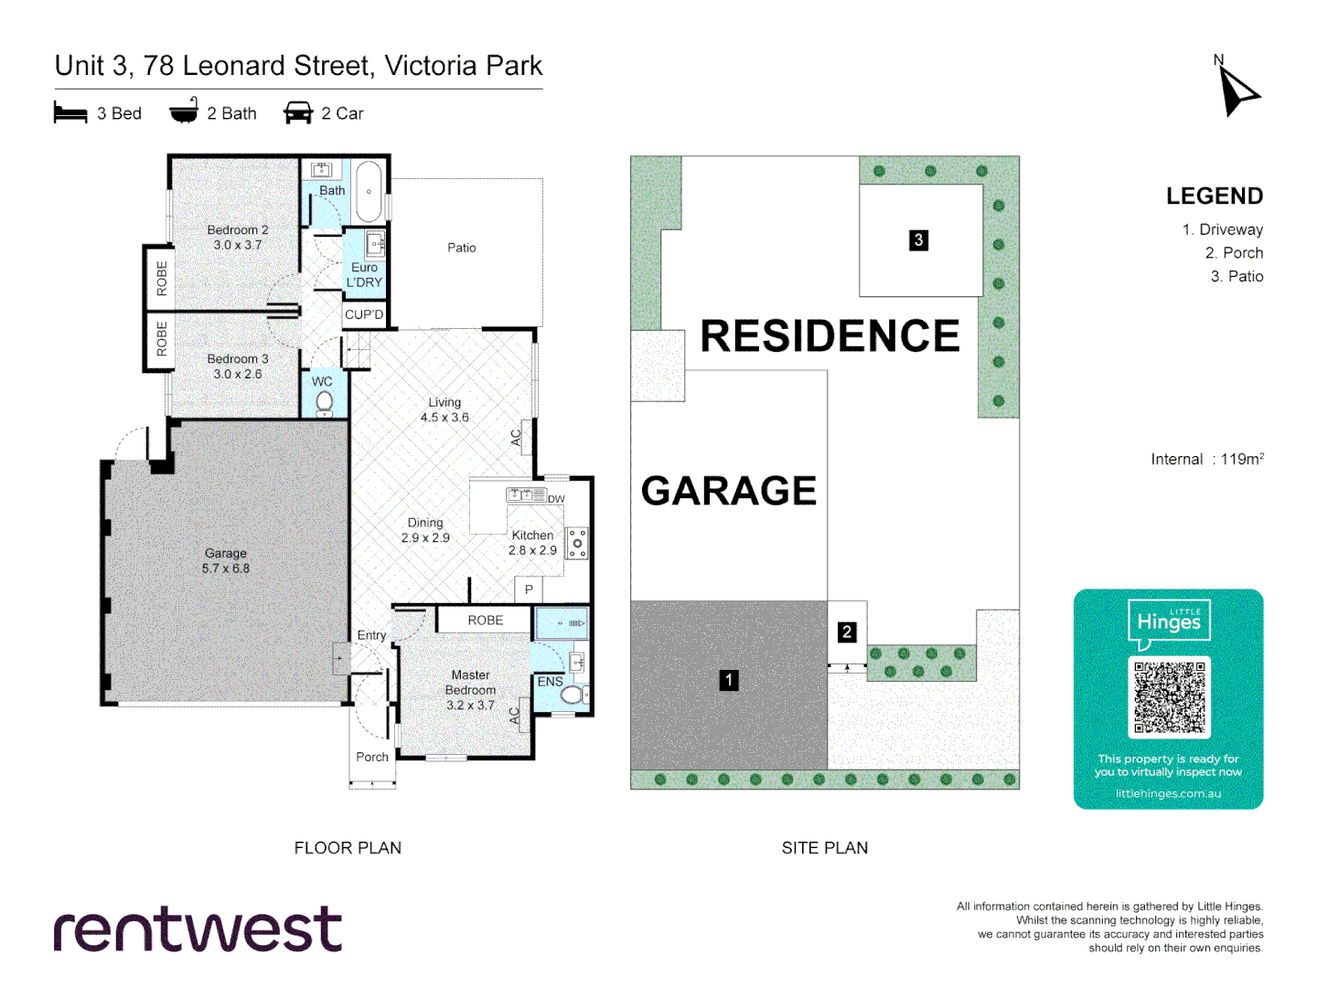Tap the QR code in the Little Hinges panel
[x=1169, y=697]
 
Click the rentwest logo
[x=198, y=930]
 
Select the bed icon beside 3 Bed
[x=70, y=113]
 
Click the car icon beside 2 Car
[x=298, y=113]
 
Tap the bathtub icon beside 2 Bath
[x=184, y=111]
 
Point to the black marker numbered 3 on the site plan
[x=918, y=240]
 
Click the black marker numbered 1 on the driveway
[x=728, y=680]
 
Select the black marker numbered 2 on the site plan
[x=847, y=631]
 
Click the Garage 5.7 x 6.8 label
[x=226, y=560]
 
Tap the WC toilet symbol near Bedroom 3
[x=324, y=402]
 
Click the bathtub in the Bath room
[x=369, y=192]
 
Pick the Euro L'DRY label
[x=364, y=274]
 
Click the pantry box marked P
[x=529, y=589]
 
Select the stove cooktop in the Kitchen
[x=577, y=543]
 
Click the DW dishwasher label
[x=556, y=499]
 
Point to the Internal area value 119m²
[x=1241, y=459]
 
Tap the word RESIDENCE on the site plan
[x=830, y=336]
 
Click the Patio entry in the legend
[x=1237, y=276]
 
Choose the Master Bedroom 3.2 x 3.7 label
[x=470, y=690]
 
